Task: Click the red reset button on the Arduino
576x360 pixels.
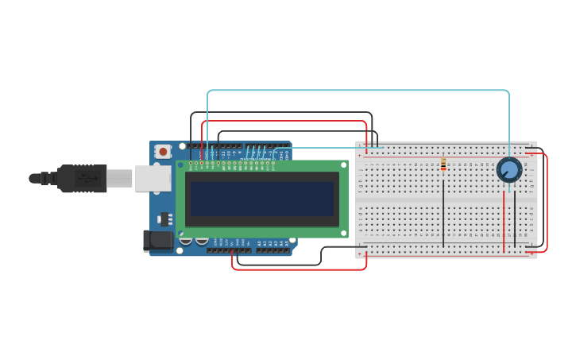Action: (163, 151)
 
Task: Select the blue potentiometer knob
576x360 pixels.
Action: (509, 169)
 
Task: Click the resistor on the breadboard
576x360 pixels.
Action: (443, 165)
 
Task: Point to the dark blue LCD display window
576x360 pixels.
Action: (262, 199)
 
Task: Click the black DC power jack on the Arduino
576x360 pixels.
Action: (159, 240)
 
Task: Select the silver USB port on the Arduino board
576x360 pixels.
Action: (153, 178)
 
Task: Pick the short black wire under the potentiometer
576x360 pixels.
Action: (515, 219)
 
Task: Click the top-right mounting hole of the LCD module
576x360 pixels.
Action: (344, 165)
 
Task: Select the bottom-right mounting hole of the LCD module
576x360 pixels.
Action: (344, 233)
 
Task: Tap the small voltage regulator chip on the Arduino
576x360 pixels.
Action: (165, 219)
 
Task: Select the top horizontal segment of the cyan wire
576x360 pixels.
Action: (358, 91)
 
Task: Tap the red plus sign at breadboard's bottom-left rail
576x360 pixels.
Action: (360, 255)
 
